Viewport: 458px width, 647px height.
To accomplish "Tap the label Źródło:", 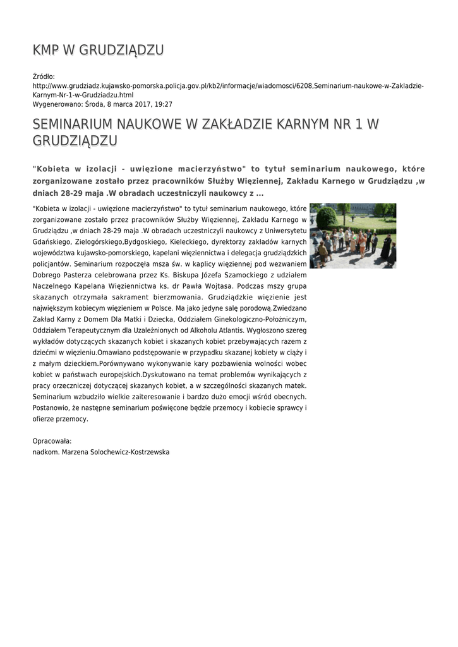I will [x=44, y=76].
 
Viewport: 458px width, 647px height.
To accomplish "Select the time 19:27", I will [x=163, y=104].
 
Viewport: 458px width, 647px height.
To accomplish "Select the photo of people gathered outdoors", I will [x=353, y=236].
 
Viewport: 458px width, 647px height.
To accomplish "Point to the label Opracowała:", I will [x=52, y=441].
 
